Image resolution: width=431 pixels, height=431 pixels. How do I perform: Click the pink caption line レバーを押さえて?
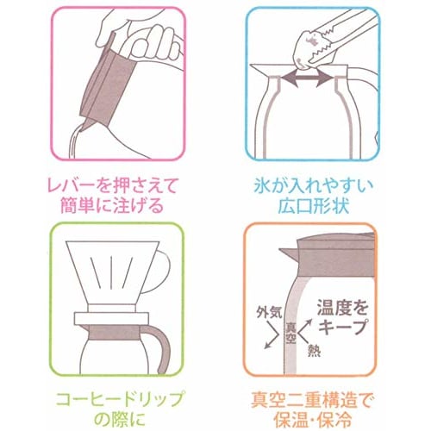coord(111,186)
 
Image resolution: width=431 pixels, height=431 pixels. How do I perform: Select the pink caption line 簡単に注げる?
coord(111,205)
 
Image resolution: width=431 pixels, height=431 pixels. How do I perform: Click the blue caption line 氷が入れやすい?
coord(313,186)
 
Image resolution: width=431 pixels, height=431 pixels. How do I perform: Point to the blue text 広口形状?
coord(314,205)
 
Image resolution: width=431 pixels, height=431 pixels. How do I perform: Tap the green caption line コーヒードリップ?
coord(119,399)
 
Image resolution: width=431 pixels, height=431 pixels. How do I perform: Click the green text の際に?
coord(119,419)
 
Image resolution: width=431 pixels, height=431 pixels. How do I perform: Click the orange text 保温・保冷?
coord(313,419)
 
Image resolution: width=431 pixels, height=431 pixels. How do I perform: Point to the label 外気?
coord(269,313)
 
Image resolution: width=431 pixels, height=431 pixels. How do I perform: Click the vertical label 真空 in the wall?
coord(290,333)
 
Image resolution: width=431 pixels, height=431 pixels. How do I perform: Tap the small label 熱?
coord(314,350)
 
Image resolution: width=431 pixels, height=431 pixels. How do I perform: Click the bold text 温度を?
coord(343,308)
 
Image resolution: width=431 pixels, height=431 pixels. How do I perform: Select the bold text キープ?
coord(343,327)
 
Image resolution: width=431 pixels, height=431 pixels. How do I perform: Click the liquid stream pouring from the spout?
coord(75,141)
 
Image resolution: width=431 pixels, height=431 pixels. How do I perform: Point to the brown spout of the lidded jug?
coord(289,253)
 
